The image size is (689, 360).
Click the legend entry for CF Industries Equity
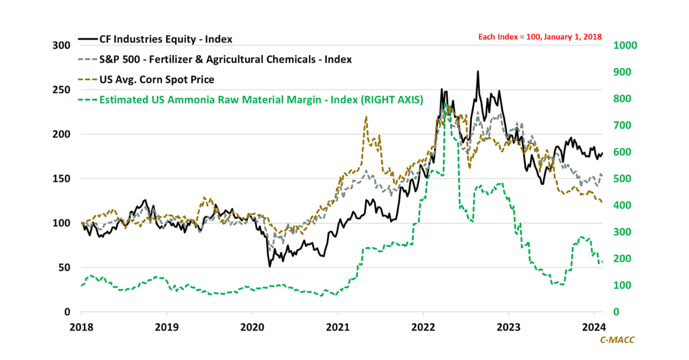click(x=166, y=39)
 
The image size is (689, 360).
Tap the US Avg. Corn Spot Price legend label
click(x=157, y=79)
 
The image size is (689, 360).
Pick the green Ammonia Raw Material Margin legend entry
click(x=261, y=99)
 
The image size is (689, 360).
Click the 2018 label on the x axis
click(x=81, y=327)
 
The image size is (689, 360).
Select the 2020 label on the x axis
click(x=252, y=327)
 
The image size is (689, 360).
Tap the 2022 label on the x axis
click(x=423, y=327)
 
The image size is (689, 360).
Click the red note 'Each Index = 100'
click(x=540, y=37)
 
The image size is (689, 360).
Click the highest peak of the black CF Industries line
click(x=478, y=72)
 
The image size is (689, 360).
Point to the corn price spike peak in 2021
click(x=366, y=117)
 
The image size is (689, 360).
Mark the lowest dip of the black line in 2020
click(x=270, y=266)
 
